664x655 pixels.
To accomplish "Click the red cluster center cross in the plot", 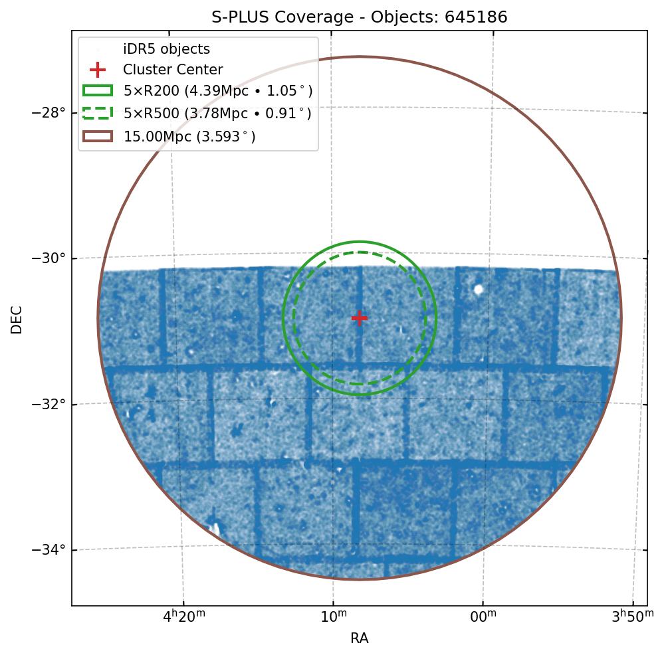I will [x=360, y=318].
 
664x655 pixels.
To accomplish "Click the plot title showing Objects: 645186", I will [x=360, y=17].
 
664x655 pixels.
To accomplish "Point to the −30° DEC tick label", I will [x=49, y=258].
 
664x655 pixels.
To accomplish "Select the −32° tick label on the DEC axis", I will [x=49, y=404].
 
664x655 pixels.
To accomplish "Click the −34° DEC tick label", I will [x=49, y=550].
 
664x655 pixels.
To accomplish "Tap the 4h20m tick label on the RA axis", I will [x=183, y=618].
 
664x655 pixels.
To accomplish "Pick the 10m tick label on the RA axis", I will [x=334, y=618].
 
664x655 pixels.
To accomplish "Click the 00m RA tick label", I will [x=483, y=618].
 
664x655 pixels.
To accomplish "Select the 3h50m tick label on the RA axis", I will [x=633, y=618].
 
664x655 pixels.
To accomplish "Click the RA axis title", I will [x=360, y=639].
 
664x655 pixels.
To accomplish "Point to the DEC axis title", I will [x=17, y=320].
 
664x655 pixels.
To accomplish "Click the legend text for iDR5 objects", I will [x=166, y=49].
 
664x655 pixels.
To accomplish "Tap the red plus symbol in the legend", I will [x=98, y=70].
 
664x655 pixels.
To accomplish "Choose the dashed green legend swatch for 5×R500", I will [x=98, y=113].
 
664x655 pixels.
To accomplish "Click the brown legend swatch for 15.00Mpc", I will [x=98, y=136].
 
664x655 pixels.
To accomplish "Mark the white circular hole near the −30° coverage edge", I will [x=478, y=289].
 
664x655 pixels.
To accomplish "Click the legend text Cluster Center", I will [x=173, y=70].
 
